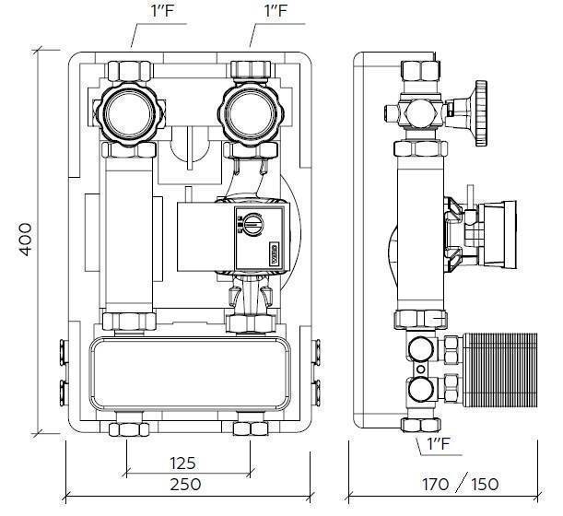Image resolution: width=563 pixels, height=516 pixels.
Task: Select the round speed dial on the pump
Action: coord(250,222)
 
